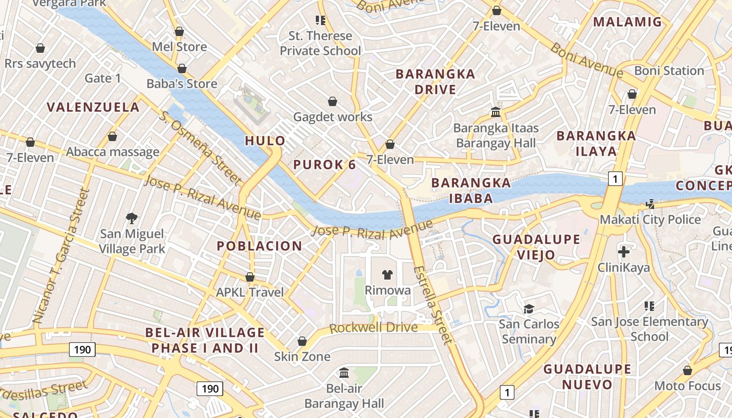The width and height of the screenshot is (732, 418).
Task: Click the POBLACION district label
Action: (259, 246)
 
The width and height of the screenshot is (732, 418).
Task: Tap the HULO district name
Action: (265, 141)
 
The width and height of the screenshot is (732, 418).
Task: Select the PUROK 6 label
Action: (324, 165)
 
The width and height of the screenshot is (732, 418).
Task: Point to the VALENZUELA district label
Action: (93, 108)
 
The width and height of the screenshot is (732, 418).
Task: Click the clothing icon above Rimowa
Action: (387, 274)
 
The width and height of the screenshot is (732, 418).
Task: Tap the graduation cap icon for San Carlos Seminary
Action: (529, 308)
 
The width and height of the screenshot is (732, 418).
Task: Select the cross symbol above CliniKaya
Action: (623, 252)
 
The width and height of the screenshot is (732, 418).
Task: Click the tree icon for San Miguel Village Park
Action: (132, 218)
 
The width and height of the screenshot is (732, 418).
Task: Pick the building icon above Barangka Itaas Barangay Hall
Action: (495, 112)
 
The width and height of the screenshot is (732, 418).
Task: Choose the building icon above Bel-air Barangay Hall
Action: (344, 373)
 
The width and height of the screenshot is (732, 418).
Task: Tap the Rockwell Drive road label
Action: (373, 328)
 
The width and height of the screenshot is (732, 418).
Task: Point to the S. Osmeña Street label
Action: (201, 148)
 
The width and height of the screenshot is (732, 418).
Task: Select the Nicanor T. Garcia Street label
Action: (62, 256)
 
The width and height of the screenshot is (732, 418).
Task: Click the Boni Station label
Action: (669, 71)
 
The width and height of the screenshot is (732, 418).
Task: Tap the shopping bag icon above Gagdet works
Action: (332, 101)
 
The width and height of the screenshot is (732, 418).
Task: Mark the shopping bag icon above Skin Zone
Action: (302, 341)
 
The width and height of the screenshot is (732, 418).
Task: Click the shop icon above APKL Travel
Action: (250, 276)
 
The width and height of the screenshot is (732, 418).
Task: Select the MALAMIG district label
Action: (627, 22)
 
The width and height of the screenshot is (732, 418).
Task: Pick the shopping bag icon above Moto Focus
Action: (687, 370)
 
